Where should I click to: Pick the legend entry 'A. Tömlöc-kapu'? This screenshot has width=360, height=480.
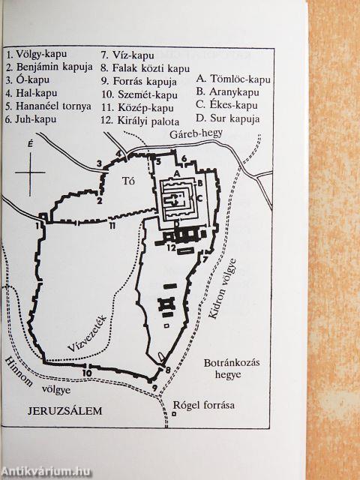pyautogui.click(x=232, y=78)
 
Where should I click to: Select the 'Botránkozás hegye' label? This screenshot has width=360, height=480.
pyautogui.click(x=231, y=368)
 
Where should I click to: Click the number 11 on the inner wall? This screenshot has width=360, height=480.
pyautogui.click(x=112, y=225)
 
